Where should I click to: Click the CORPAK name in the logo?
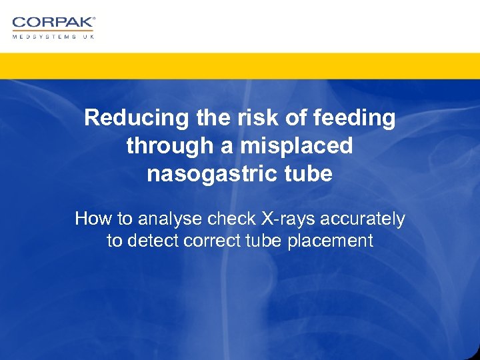click(52, 23)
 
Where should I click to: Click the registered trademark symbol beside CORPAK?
click(94, 19)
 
